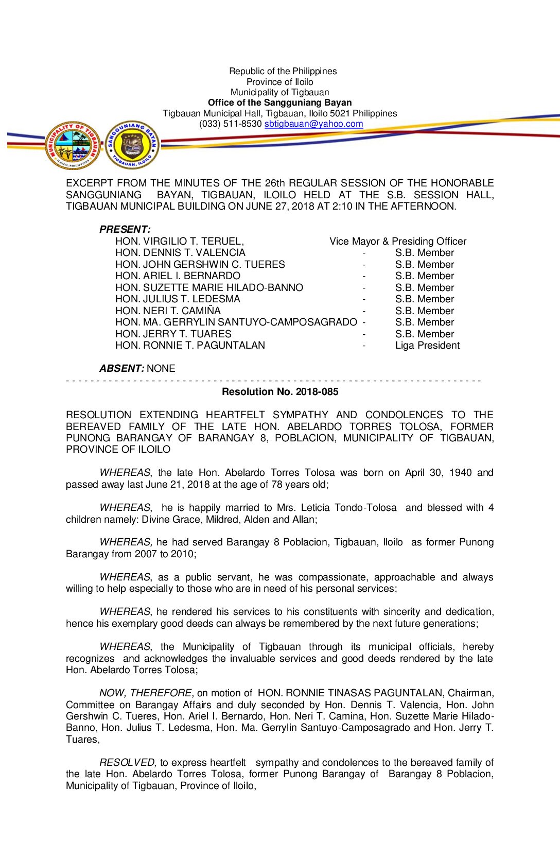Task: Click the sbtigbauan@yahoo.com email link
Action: [313, 124]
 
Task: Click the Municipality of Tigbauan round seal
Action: [73, 146]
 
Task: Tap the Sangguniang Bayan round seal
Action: [132, 145]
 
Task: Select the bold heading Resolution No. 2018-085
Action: [280, 392]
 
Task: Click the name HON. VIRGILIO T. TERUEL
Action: [179, 242]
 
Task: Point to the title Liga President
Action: [427, 346]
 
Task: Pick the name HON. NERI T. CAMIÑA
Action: [168, 311]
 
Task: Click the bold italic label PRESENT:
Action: [125, 230]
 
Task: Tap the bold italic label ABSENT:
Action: [121, 369]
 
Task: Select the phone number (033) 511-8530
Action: [231, 124]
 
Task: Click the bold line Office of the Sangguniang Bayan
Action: [280, 103]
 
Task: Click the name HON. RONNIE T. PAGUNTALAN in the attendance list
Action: [190, 346]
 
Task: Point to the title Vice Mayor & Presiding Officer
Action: [398, 242]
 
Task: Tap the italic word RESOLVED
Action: [127, 763]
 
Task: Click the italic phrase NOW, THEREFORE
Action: [146, 693]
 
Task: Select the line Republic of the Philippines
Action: [283, 72]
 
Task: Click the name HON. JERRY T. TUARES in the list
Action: [173, 334]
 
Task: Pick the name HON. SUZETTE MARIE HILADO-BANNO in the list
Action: [209, 288]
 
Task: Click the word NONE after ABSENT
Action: [161, 369]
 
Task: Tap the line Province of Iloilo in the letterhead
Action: [279, 82]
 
